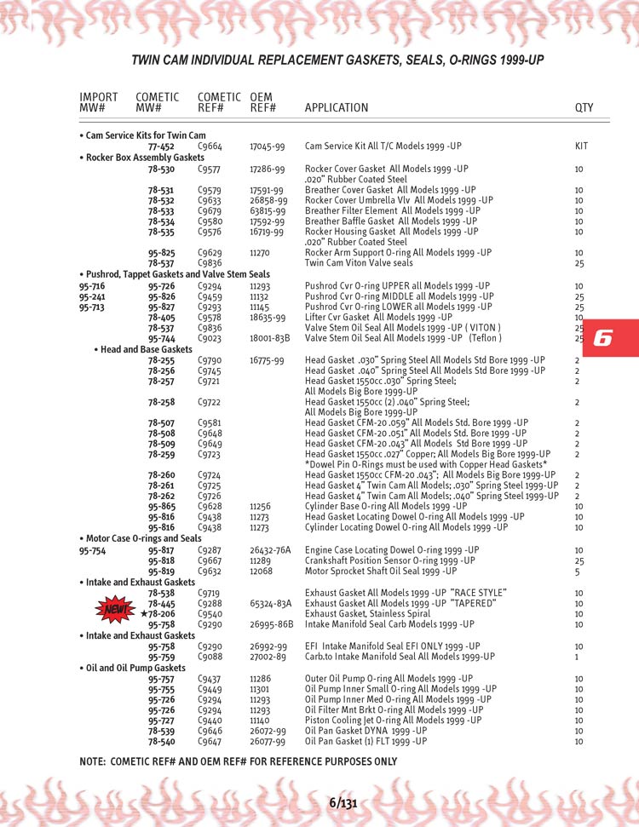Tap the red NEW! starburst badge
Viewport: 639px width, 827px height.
(115, 610)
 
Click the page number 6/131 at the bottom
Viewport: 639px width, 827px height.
(343, 803)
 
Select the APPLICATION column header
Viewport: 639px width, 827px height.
(337, 108)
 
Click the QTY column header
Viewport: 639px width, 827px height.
(584, 108)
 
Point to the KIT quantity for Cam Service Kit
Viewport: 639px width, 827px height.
(582, 146)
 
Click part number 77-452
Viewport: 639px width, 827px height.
(161, 146)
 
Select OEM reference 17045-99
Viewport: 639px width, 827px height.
(268, 146)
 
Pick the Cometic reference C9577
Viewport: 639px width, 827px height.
(210, 169)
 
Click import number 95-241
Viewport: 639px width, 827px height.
(92, 296)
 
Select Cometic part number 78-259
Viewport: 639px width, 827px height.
(161, 455)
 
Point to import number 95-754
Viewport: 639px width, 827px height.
(92, 550)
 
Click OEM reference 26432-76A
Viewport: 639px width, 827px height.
(270, 550)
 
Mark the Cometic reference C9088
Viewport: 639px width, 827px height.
(210, 657)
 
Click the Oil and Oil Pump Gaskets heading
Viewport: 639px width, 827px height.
(135, 668)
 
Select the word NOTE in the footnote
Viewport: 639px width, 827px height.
(93, 761)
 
